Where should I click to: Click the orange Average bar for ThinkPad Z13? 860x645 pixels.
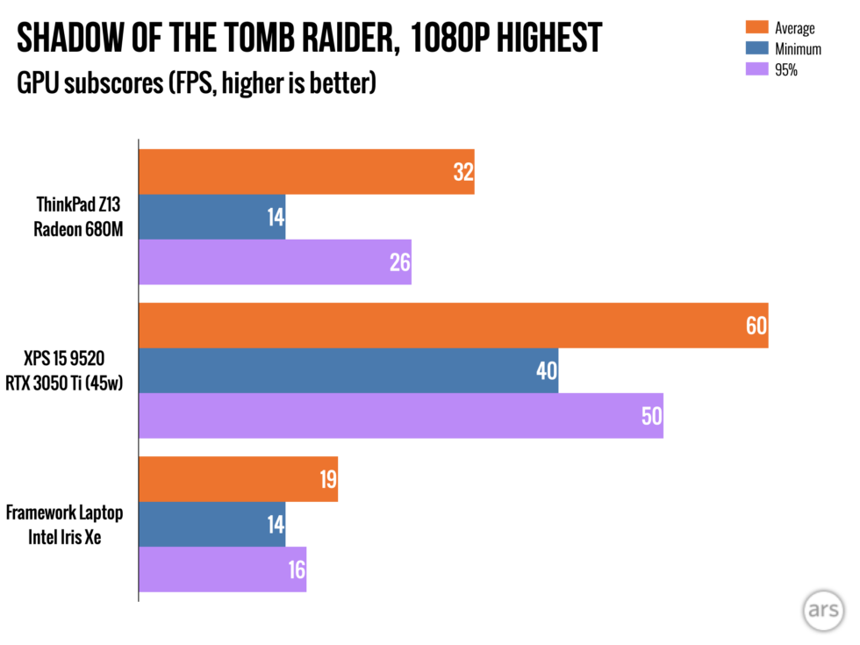306,172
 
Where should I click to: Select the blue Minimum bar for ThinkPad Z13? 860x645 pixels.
212,217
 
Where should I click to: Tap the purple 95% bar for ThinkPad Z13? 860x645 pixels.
275,262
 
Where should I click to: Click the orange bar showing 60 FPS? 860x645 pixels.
454,326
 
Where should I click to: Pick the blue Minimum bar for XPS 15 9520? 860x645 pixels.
348,370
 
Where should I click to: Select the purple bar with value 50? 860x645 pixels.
401,415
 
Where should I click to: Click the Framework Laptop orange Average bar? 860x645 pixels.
238,479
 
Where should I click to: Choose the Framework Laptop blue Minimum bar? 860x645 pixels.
212,524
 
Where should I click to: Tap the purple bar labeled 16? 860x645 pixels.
223,570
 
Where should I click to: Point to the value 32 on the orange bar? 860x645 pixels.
462,172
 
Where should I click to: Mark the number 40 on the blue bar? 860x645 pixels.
546,370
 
